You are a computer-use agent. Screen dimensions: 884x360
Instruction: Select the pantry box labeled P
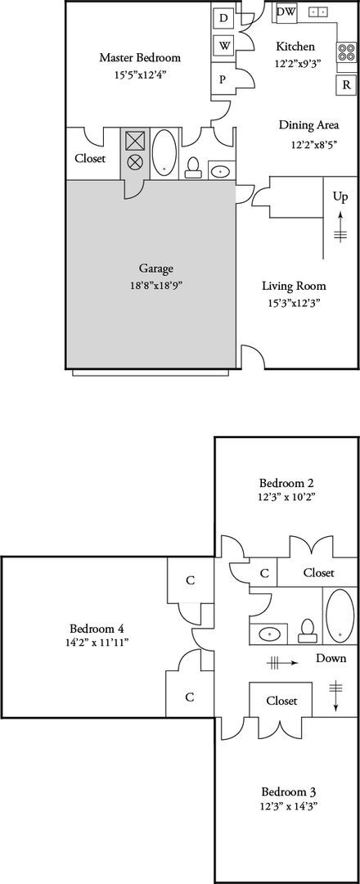pos(222,79)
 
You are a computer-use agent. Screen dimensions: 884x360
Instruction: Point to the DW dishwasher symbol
pos(286,11)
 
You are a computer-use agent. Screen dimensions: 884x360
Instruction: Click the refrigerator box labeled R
pos(346,84)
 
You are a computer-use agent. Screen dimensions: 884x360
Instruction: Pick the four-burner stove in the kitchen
pos(347,52)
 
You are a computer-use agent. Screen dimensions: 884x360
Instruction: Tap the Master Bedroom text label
pos(140,58)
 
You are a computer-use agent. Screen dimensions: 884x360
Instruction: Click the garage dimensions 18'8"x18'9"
pos(156,286)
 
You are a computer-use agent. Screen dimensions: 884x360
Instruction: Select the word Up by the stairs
pos(341,197)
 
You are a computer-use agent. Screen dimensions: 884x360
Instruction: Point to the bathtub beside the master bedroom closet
pos(164,152)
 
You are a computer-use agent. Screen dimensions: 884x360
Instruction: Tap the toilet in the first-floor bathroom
pos(193,167)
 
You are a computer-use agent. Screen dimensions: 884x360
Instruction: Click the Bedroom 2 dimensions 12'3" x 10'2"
pos(286,497)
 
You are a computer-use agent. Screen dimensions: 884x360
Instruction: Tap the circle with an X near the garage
pos(135,162)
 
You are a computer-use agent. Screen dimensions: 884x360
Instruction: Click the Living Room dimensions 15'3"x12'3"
pos(294,303)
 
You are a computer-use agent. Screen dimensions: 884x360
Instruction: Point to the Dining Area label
pos(309,125)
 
